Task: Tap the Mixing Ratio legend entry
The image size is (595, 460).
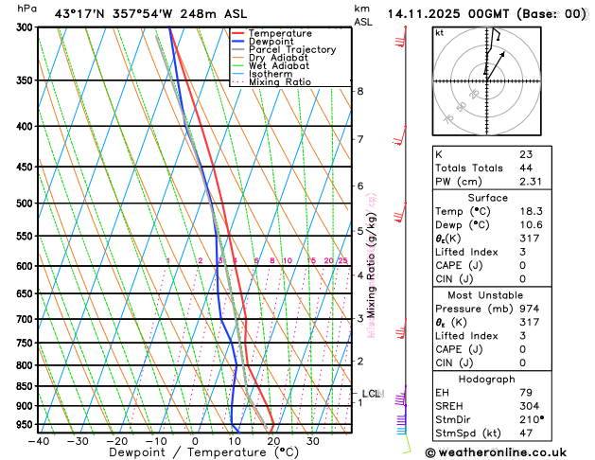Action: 280,82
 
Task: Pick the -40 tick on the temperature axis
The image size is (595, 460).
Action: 38,441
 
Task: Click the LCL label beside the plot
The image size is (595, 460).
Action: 371,393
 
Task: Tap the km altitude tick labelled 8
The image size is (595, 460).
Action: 360,91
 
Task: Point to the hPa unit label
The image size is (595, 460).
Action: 27,9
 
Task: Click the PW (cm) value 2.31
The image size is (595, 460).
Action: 529,181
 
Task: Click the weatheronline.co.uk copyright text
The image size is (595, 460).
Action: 511,452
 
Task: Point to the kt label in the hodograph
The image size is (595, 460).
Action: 439,32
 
